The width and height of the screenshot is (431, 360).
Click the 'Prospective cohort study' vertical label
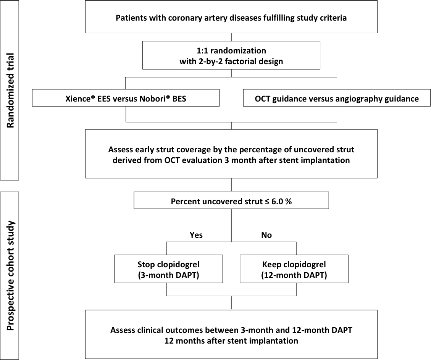tap(10, 276)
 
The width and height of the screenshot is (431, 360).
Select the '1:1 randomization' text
tap(231, 50)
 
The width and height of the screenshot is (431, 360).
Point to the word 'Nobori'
tap(152, 98)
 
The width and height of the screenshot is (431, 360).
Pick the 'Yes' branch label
tap(196, 235)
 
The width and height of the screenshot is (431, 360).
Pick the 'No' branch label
tap(266, 235)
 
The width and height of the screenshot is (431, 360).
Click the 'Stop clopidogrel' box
tap(168, 269)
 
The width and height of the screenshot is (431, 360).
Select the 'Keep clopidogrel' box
tap(294, 269)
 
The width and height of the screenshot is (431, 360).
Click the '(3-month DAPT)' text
tap(168, 275)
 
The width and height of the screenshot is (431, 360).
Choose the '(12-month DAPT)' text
tap(294, 275)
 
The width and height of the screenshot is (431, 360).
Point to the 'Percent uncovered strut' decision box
tap(231, 200)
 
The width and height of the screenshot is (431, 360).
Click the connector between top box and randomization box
tap(231, 37)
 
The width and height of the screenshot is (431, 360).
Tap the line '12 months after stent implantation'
tap(231, 341)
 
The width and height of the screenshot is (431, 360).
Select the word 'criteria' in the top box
tap(333, 18)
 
